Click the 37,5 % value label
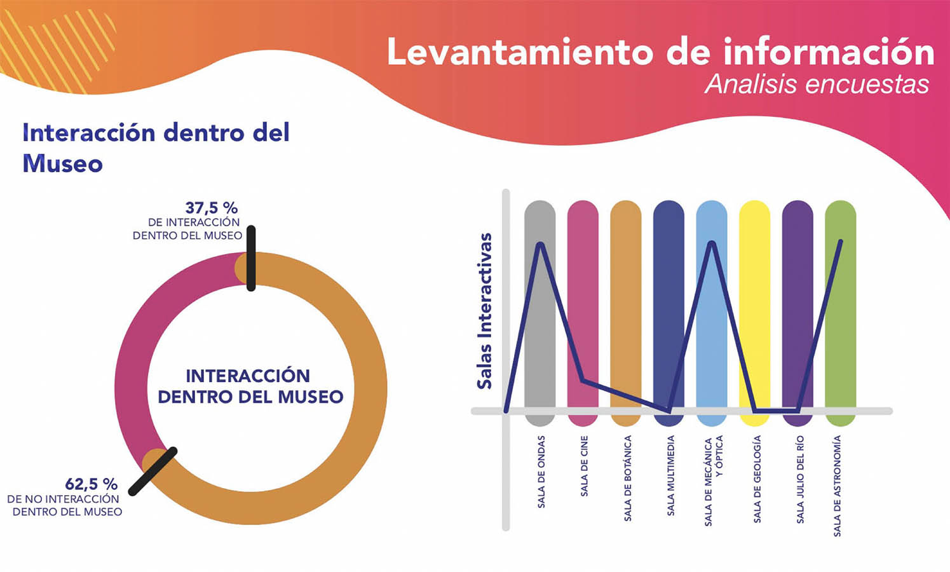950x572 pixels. pyautogui.click(x=211, y=208)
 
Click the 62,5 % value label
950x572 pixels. pyautogui.click(x=91, y=484)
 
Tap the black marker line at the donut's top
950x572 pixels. pyautogui.click(x=251, y=258)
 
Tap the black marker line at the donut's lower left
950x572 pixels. pyautogui.click(x=153, y=471)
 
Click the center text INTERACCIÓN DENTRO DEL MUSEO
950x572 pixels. pyautogui.click(x=250, y=386)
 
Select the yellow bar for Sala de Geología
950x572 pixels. pyautogui.click(x=754, y=305)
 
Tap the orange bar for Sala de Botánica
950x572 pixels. pyautogui.click(x=626, y=305)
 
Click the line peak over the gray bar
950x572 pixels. pyautogui.click(x=541, y=244)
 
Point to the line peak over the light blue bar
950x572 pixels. pyautogui.click(x=712, y=243)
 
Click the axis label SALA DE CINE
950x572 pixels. pyautogui.click(x=584, y=466)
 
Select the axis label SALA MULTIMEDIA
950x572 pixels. pyautogui.click(x=670, y=475)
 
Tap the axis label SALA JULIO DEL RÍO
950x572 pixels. pyautogui.click(x=799, y=479)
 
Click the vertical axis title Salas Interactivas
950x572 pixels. pyautogui.click(x=485, y=310)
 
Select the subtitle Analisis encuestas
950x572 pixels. pyautogui.click(x=817, y=85)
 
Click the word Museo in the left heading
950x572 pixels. pyautogui.click(x=62, y=164)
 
